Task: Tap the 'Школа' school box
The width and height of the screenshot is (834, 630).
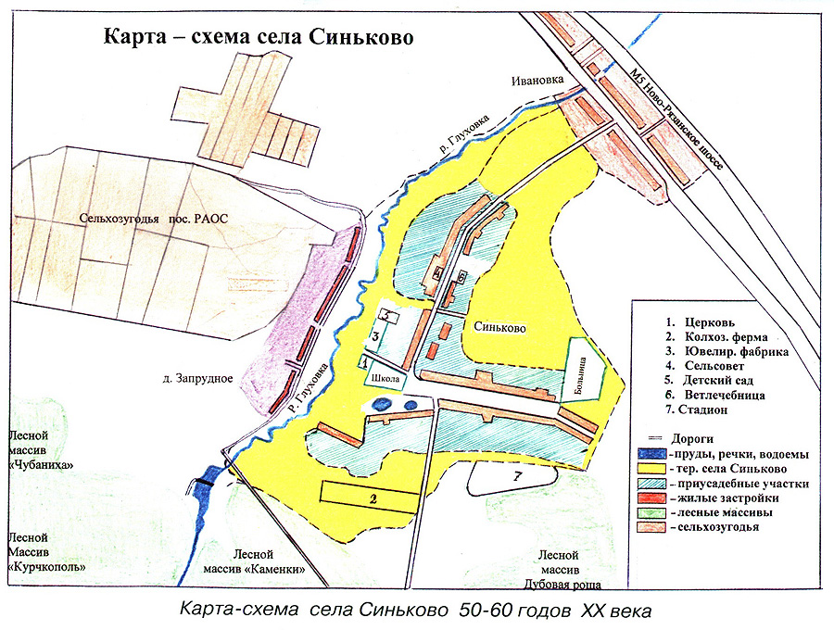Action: [x=386, y=380]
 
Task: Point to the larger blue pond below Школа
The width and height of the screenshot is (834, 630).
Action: [x=381, y=404]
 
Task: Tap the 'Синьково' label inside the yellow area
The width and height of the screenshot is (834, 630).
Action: [x=499, y=328]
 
